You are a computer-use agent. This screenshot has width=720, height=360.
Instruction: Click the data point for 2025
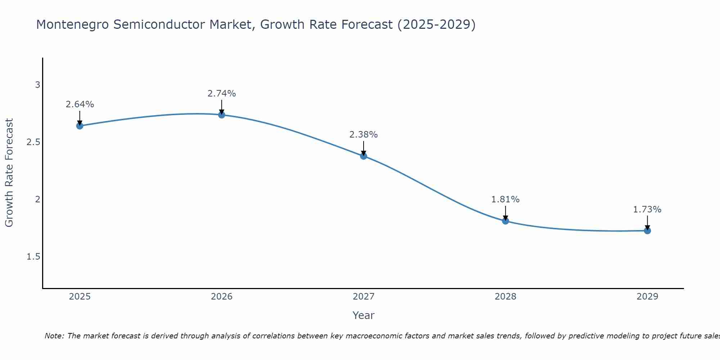[x=80, y=126]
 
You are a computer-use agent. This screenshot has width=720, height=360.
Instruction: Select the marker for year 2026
[x=222, y=115]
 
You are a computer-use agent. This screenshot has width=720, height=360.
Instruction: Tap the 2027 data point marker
[x=364, y=156]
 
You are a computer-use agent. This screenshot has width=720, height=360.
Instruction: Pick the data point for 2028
[x=505, y=221]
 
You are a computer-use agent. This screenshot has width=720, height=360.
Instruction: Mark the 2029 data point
[x=647, y=230]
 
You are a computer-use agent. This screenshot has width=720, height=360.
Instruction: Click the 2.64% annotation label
[x=80, y=104]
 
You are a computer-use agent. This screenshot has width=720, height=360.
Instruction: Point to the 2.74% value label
[x=222, y=94]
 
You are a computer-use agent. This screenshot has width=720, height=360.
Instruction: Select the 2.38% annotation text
[x=364, y=135]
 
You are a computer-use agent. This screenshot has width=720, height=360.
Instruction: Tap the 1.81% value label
[x=505, y=199]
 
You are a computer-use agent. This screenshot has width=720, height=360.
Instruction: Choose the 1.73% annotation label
[x=647, y=210]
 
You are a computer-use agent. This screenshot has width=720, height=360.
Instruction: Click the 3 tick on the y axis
[x=37, y=85]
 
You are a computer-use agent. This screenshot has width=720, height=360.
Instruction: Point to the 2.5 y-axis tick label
[x=33, y=142]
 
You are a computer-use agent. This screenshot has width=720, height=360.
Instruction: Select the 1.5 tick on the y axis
[x=33, y=257]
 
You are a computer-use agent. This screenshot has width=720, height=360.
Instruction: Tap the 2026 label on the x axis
[x=222, y=297]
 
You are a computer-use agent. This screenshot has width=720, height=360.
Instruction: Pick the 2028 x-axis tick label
[x=505, y=297]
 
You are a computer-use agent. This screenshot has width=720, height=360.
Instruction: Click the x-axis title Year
[x=364, y=315]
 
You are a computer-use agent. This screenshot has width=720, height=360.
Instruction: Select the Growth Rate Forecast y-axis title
[x=9, y=173]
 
